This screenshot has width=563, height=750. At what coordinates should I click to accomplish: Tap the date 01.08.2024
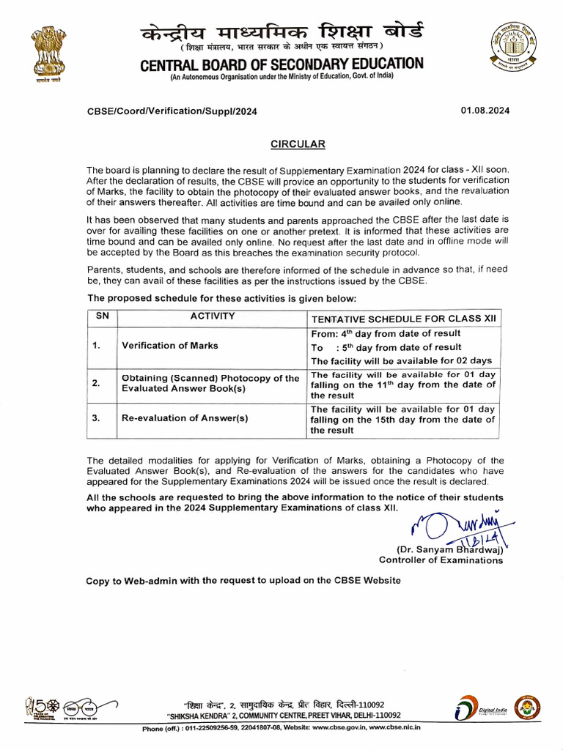pos(485,111)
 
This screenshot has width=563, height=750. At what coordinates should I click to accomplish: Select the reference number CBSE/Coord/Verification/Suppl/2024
pos(172,111)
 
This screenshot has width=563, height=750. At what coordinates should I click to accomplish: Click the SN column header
pos(103,316)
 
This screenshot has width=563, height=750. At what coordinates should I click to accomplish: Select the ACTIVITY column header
pos(213,316)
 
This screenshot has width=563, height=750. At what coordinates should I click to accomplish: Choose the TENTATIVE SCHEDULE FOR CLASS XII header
pos(404,319)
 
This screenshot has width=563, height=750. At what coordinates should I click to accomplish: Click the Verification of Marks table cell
pos(169,346)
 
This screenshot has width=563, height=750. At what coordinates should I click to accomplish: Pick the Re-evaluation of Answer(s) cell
pos(185,418)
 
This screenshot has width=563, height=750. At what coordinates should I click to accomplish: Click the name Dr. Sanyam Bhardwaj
pos(449,549)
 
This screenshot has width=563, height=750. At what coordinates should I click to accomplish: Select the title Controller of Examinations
pos(441,560)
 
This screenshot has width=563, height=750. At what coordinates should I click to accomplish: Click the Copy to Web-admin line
pos(243,581)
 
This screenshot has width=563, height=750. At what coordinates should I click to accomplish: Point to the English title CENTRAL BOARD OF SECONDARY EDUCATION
pos(281,64)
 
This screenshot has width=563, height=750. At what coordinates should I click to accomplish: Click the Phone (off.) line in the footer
pos(281,728)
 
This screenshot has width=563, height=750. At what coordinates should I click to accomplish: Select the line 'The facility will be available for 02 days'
pos(401,361)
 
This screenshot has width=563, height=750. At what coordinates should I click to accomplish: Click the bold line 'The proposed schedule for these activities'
pos(222,298)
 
